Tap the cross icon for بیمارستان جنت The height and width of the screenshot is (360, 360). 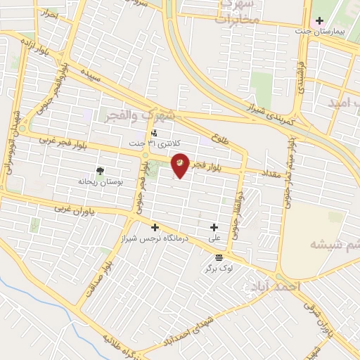click(319, 20)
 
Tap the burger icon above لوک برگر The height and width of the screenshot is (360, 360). click(219, 257)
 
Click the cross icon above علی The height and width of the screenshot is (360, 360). click(214, 226)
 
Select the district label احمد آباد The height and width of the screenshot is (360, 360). click(274, 287)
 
